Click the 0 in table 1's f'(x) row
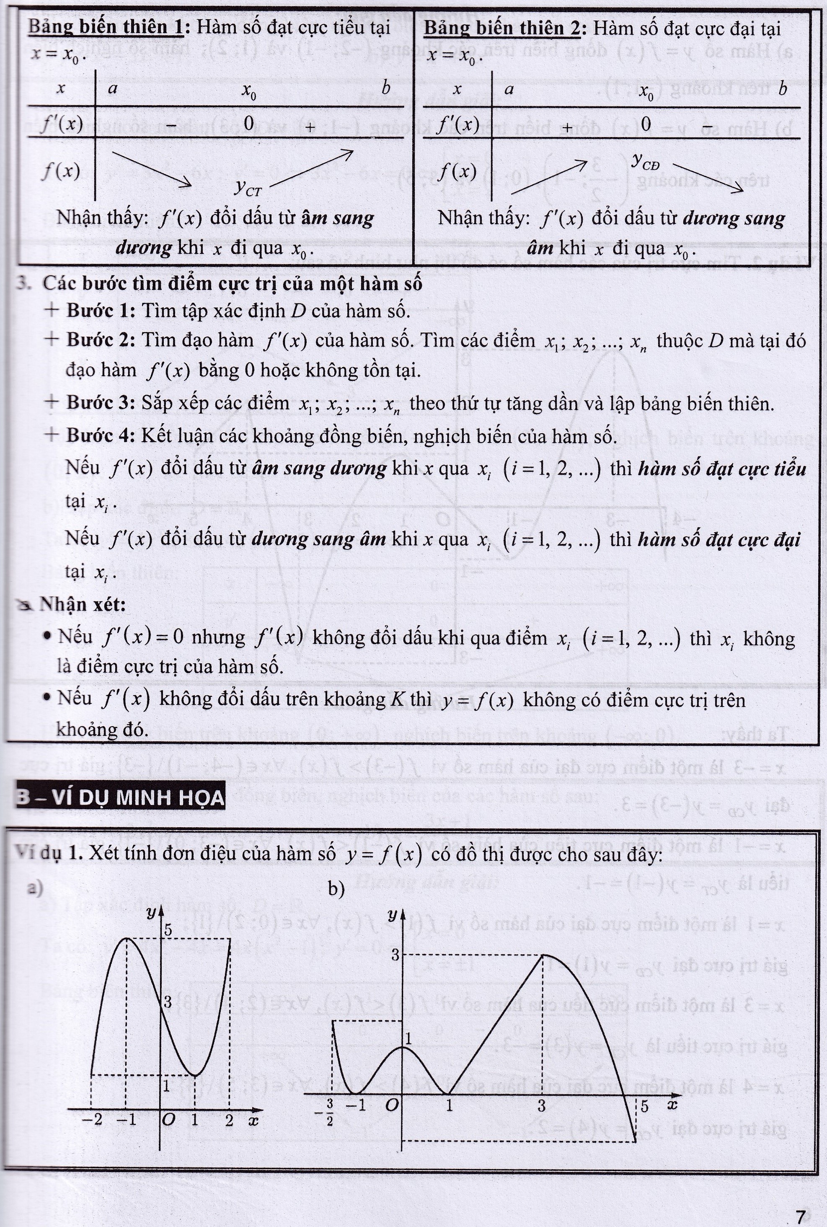[x=248, y=124]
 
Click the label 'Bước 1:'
[x=100, y=311]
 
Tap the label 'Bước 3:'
[x=100, y=403]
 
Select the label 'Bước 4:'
[x=100, y=436]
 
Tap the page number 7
[x=800, y=1217]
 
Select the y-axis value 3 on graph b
[x=395, y=954]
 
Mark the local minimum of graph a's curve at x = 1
[x=195, y=1074]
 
